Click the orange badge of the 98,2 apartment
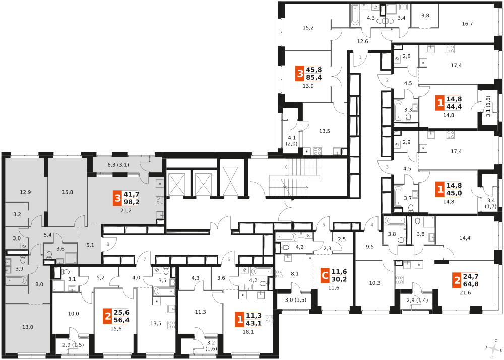(x=117, y=198)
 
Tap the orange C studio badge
(x=325, y=275)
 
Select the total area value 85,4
(x=314, y=77)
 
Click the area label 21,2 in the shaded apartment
(x=125, y=211)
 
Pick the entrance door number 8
(x=108, y=244)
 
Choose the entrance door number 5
(x=324, y=225)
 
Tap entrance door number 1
(x=360, y=57)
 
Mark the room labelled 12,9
(x=25, y=192)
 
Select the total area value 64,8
(x=470, y=284)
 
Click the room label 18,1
(x=248, y=332)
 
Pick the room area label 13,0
(x=28, y=327)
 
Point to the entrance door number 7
(x=145, y=259)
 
